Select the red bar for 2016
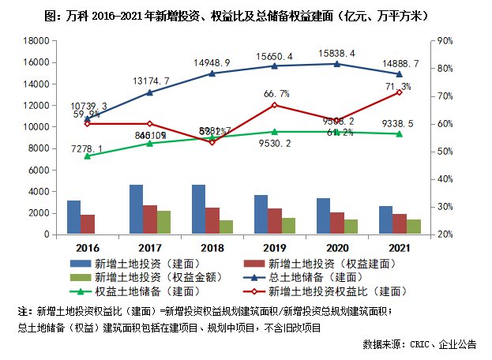click(x=88, y=224)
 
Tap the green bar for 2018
click(x=227, y=227)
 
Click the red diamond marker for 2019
click(x=273, y=105)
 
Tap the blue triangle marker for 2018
click(x=212, y=73)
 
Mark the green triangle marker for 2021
click(x=399, y=133)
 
